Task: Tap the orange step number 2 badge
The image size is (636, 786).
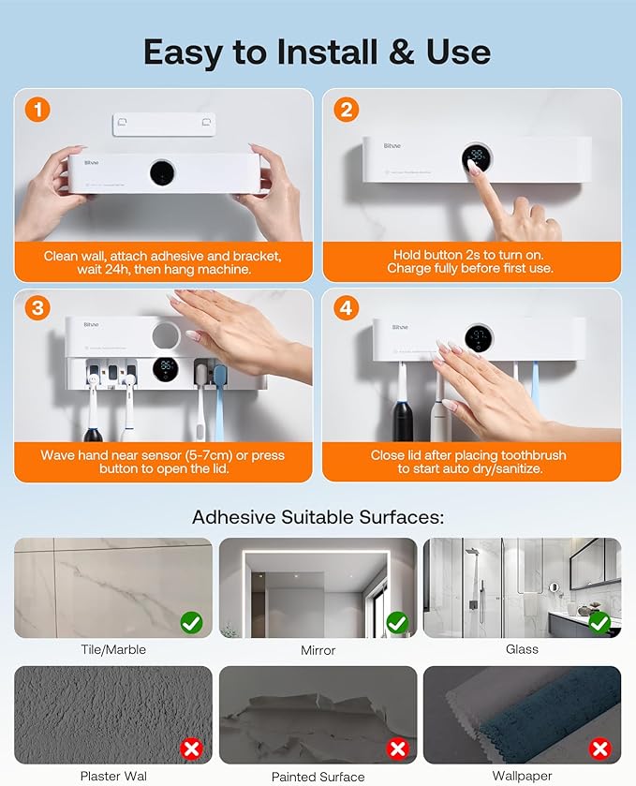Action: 346,111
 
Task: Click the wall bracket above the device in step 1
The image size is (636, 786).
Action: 164,125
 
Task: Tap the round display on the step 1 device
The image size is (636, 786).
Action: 162,173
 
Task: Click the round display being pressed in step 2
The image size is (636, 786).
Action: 477,156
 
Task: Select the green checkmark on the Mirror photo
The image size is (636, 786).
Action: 397,621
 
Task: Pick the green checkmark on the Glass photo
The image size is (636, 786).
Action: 600,621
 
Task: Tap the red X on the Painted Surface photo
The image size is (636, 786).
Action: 397,749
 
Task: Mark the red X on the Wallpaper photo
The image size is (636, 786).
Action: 600,749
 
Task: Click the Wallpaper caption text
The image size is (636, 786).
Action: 522,775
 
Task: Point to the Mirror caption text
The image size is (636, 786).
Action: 318,649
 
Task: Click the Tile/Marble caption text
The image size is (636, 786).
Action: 113,649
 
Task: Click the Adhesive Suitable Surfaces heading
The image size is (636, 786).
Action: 318,517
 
